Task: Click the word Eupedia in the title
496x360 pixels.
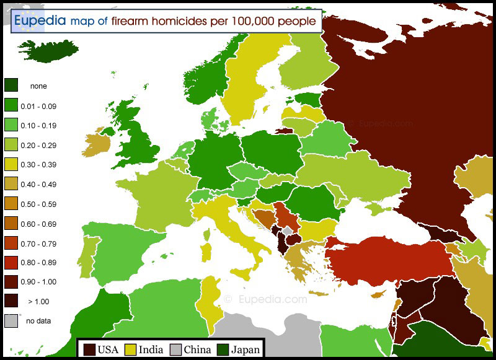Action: pos(39,20)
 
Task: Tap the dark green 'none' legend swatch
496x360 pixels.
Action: pos(11,86)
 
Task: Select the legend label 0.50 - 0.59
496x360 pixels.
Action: pos(38,204)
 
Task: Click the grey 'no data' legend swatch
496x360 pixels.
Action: pos(11,321)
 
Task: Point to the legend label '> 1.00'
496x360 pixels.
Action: pos(38,302)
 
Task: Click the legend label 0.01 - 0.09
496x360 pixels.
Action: pos(38,106)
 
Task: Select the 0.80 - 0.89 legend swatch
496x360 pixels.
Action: pos(11,262)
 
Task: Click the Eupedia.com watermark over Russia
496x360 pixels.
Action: pos(381,123)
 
